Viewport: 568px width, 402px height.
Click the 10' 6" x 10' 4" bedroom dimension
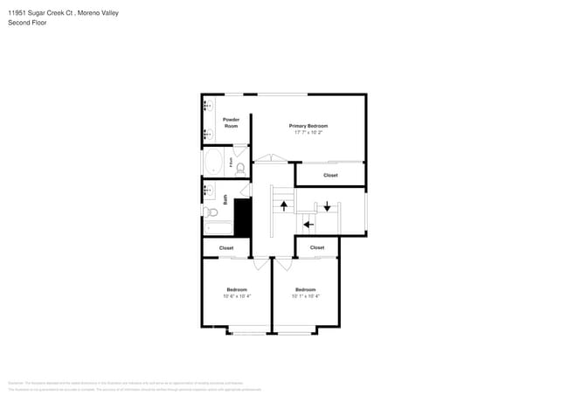237,296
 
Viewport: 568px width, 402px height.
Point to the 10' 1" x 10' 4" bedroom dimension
305,296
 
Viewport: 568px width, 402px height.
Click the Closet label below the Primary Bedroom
330,175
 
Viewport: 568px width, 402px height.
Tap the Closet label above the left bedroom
226,248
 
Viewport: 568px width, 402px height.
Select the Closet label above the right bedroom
317,247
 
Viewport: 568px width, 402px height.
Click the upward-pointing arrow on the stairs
283,205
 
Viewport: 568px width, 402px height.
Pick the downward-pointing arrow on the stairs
327,206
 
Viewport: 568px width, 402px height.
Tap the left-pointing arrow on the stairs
308,224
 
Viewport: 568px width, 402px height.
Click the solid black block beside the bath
243,217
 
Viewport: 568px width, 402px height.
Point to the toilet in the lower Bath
211,211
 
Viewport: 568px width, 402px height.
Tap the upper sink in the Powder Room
208,106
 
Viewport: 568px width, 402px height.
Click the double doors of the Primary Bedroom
272,159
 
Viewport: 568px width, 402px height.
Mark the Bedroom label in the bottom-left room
237,289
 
